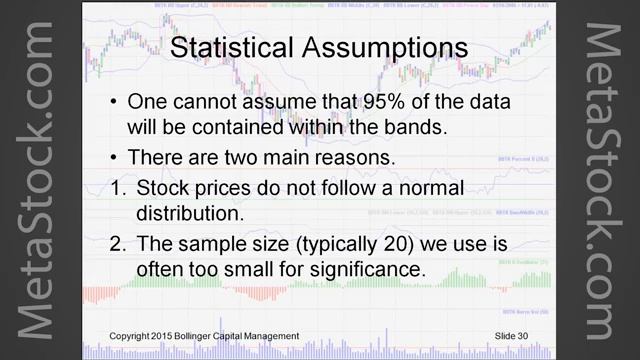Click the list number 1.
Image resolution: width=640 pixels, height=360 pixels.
(116, 187)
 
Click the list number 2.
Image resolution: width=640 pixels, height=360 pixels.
(116, 245)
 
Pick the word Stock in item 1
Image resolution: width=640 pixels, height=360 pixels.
(160, 187)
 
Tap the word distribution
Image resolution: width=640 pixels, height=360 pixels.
(188, 212)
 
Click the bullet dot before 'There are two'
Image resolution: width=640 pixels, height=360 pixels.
(116, 158)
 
